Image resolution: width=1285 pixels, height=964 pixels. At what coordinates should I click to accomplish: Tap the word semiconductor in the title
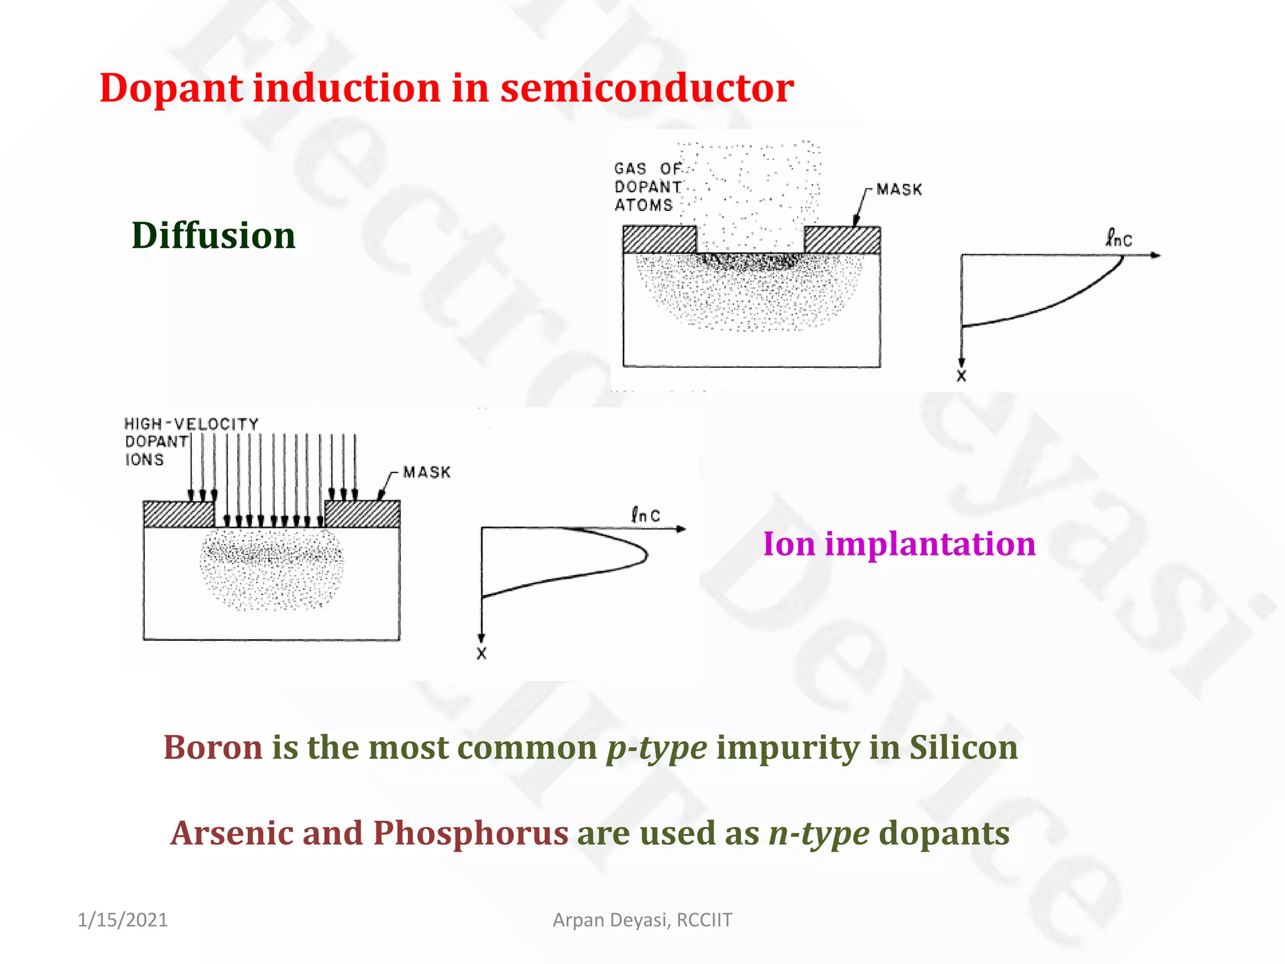tap(647, 88)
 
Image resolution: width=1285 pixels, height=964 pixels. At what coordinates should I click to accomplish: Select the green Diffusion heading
tap(213, 236)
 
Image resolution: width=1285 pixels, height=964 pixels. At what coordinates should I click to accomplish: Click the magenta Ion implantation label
tap(898, 544)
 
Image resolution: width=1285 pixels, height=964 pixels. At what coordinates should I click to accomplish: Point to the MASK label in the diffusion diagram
tap(899, 190)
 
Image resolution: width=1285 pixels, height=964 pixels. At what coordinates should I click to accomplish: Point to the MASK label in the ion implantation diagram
tap(427, 472)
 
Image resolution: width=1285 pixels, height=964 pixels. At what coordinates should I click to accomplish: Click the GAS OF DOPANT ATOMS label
tap(647, 187)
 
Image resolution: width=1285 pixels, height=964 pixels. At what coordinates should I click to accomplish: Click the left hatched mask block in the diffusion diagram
tap(659, 240)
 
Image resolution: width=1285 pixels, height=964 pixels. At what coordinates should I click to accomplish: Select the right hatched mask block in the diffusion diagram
tap(842, 240)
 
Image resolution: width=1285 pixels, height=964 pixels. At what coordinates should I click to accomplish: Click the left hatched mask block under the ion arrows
tap(178, 514)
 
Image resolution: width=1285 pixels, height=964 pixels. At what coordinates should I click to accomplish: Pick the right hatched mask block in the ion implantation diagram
tap(362, 514)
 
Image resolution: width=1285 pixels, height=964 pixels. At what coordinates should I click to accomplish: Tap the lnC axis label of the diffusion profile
tap(1118, 239)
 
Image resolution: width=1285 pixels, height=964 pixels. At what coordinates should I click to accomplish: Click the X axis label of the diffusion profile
tap(961, 376)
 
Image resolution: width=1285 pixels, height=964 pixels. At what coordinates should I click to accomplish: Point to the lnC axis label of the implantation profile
tap(646, 515)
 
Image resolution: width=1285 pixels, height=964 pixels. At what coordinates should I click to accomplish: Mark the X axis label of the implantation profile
tap(481, 653)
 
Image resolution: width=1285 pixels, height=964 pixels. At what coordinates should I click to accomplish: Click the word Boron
tap(213, 747)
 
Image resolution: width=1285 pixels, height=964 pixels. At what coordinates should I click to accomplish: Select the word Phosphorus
tap(471, 833)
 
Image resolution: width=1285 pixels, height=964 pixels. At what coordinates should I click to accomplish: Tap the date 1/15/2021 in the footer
tap(122, 920)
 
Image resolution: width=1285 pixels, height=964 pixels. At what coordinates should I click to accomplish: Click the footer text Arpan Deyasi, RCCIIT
tap(642, 920)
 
